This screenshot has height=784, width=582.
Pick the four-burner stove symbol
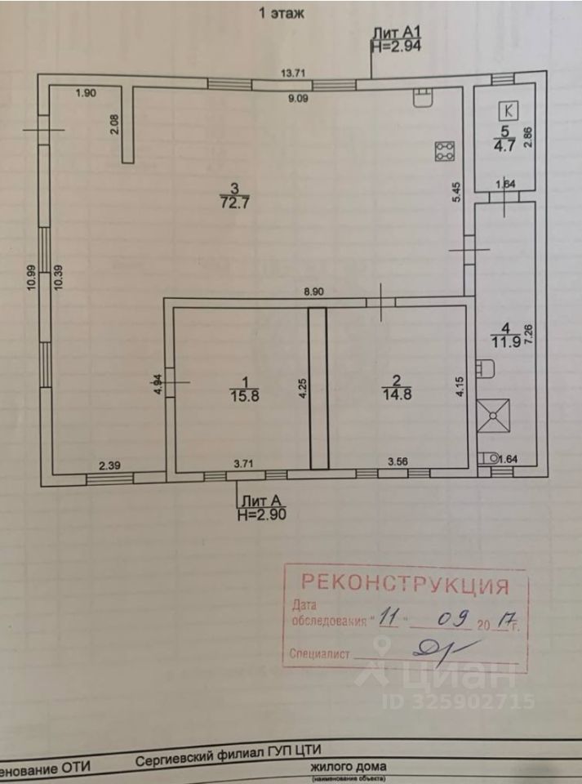point(445,152)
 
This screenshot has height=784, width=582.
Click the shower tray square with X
point(493,415)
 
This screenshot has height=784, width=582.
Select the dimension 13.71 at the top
point(293,73)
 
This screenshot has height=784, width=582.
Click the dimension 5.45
point(459,193)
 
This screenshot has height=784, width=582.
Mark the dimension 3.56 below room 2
point(397,461)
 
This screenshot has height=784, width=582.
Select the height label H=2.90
point(261,514)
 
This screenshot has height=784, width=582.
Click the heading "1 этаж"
point(282,13)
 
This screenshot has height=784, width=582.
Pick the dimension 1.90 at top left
point(86,93)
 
